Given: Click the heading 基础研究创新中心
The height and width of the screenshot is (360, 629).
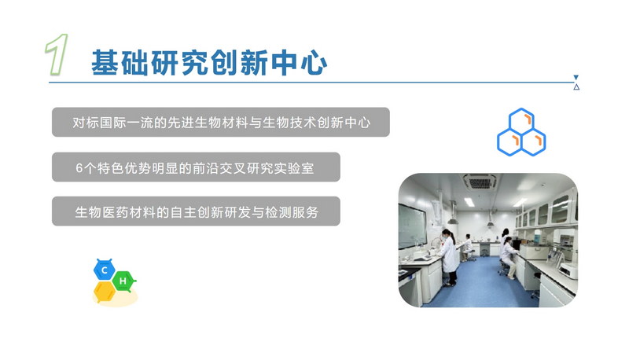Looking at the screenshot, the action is point(209,63).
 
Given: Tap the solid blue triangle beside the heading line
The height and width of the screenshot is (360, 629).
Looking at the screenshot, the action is point(576,77).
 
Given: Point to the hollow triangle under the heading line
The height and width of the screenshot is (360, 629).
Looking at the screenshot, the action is point(576,87).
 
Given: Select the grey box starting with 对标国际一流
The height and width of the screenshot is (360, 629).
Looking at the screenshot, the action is point(221,122).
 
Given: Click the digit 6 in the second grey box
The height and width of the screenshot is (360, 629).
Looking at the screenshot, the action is point(79,168).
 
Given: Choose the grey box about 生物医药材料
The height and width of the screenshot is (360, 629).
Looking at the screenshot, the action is point(196,211).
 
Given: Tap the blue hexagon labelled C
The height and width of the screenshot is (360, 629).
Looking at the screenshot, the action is point(105,270).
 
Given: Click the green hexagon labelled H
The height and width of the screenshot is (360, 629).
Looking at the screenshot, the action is point(123,281).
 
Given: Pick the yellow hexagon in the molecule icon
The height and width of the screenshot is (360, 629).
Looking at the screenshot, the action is point(105,292).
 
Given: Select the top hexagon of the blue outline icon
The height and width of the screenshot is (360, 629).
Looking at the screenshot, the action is point(521,121).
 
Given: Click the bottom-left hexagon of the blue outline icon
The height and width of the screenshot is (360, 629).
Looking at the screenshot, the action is point(509,142).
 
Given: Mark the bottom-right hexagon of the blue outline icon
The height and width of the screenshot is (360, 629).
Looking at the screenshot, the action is point(534,142).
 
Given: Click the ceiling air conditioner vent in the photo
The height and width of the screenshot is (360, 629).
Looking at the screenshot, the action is point(480,182).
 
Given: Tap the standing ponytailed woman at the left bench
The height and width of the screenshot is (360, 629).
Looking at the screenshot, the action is point(449,257).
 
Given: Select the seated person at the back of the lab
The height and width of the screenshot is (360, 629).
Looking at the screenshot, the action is point(467,245).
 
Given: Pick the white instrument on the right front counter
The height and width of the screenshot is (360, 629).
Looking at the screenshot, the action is point(568,270).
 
